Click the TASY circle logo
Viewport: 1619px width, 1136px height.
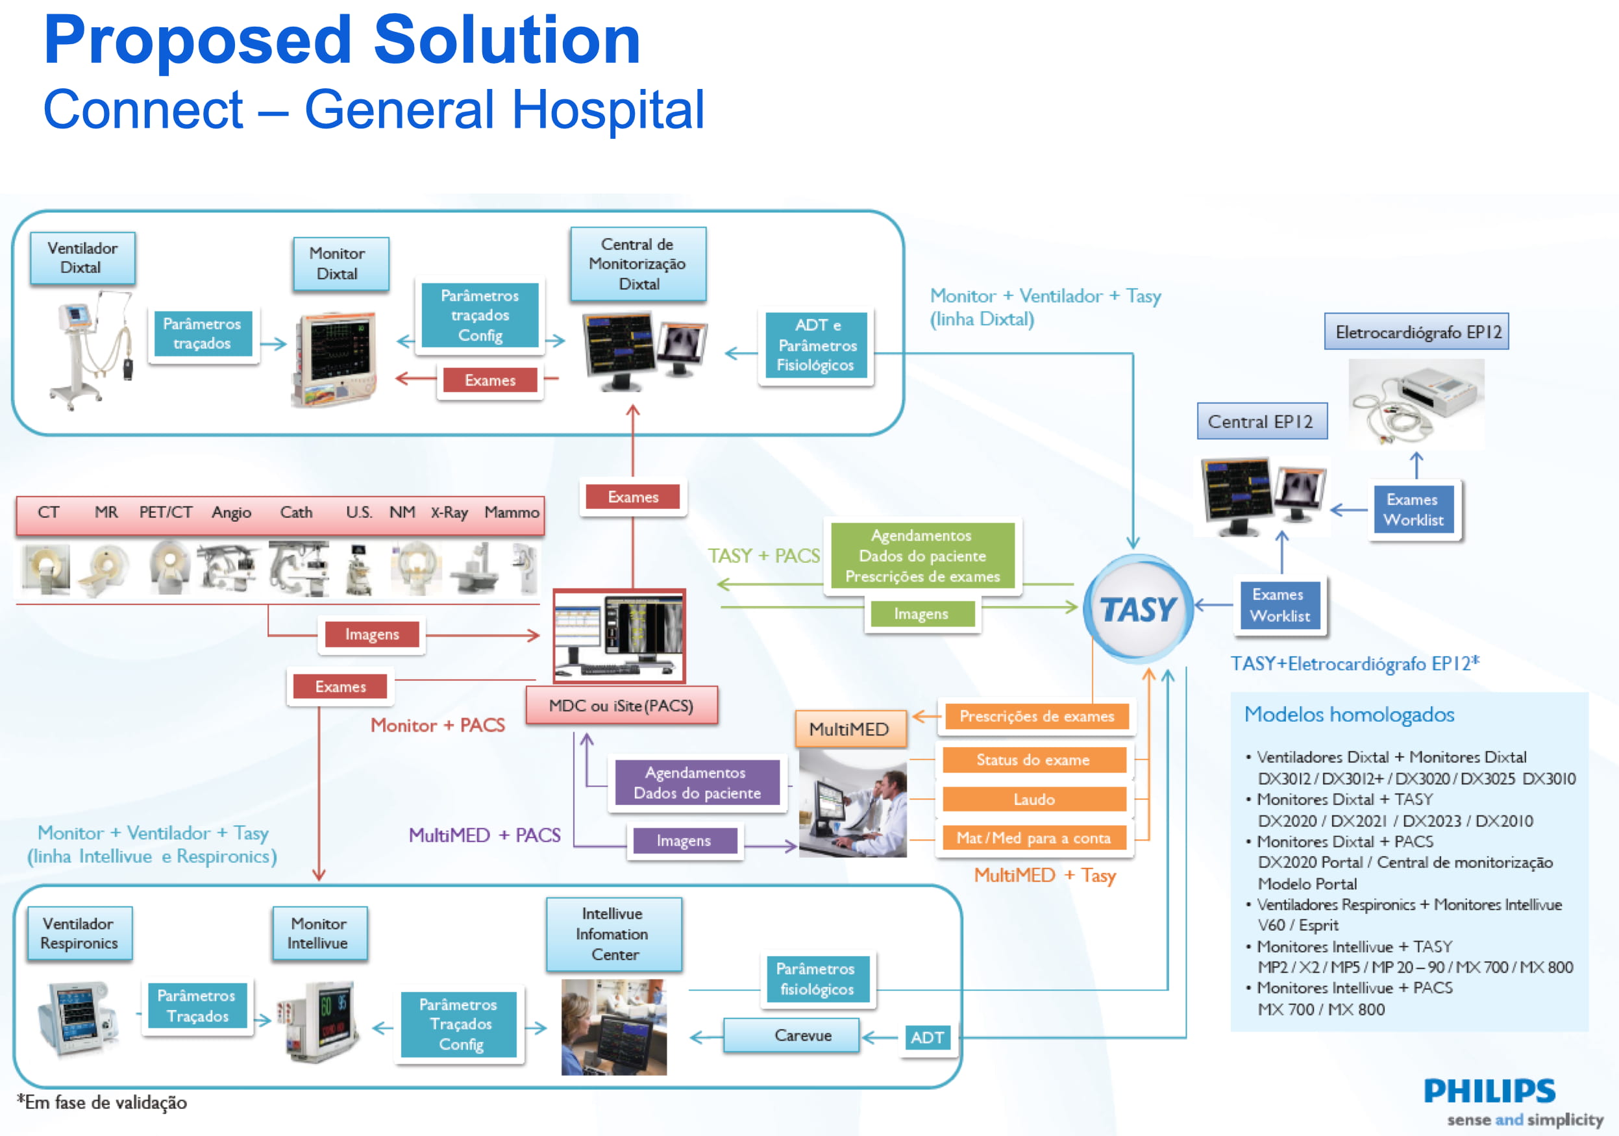tap(1137, 608)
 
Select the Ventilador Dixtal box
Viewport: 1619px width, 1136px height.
tap(82, 258)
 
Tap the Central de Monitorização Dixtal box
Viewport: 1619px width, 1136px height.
tap(638, 264)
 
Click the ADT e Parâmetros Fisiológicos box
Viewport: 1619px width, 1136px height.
tap(816, 345)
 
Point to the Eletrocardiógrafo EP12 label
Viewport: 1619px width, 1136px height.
tap(1416, 332)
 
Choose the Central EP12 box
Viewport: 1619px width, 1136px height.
tap(1261, 422)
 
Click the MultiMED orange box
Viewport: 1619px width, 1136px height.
tap(850, 729)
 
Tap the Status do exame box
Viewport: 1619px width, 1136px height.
tap(1033, 760)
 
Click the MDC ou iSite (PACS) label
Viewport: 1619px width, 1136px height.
tap(621, 706)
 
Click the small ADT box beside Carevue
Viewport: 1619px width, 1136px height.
tap(926, 1037)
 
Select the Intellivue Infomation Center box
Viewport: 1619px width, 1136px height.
tap(613, 934)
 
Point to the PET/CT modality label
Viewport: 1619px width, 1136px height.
tap(166, 513)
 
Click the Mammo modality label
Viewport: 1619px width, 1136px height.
tap(512, 513)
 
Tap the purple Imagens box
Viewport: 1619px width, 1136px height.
tap(684, 841)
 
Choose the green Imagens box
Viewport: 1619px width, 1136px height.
tap(922, 614)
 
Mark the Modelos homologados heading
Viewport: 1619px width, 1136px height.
tap(1349, 715)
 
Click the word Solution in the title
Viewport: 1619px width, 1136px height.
tap(506, 40)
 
